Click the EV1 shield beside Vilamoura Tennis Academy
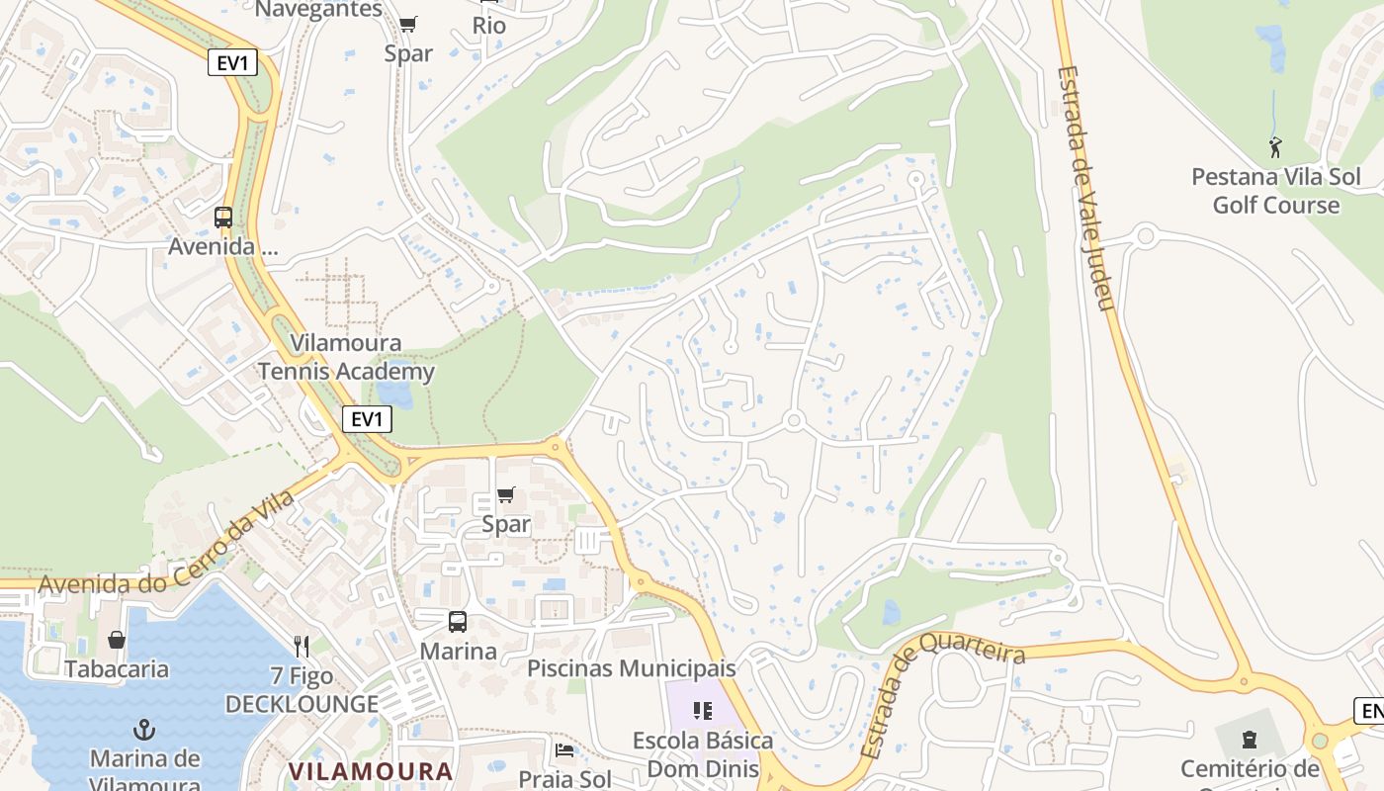coord(367,419)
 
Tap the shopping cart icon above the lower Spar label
coord(505,494)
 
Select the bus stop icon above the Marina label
coord(457,622)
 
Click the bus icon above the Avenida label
coord(223,218)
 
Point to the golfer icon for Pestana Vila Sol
coord(1275,148)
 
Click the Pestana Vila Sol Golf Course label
coord(1275,191)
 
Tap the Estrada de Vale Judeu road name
coord(1084,188)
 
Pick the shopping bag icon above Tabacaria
coord(117,640)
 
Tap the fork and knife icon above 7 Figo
coord(302,647)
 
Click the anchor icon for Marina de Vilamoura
coord(144,731)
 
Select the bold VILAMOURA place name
coord(371,770)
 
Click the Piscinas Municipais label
coord(632,668)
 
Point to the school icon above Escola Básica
coord(703,711)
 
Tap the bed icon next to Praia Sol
coord(564,750)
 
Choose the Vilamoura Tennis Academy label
coord(346,358)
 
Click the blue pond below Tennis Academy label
coord(395,395)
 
